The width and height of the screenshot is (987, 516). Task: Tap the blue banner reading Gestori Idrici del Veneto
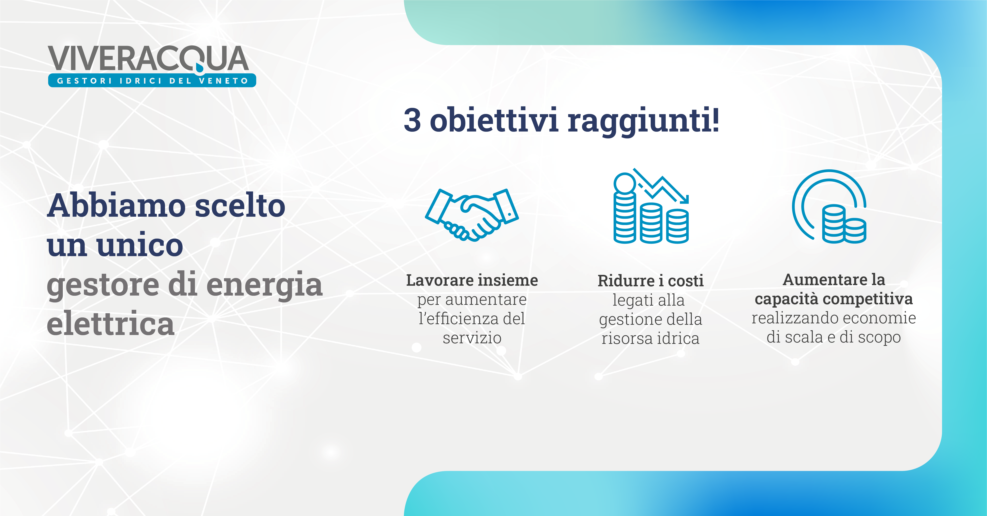click(152, 80)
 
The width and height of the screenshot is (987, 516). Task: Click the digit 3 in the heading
click(412, 120)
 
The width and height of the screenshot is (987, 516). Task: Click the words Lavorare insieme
click(472, 280)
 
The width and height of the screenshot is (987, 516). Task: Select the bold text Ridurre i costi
click(651, 281)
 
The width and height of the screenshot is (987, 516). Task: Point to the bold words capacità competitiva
click(834, 299)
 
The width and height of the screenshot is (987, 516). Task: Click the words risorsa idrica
click(651, 339)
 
